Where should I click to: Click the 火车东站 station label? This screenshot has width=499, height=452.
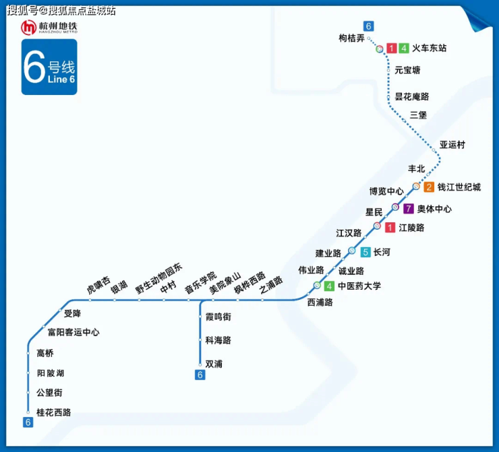(430, 49)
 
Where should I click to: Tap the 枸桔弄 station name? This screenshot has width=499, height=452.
(351, 38)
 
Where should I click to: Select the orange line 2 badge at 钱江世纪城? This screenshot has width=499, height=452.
(429, 187)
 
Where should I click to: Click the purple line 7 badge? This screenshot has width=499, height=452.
(408, 209)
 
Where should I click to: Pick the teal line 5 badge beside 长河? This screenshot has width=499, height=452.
(365, 253)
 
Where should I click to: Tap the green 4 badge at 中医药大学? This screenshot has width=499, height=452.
(329, 286)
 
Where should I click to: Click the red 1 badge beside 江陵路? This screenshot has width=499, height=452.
(390, 228)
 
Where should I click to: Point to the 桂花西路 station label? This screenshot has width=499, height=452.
(53, 412)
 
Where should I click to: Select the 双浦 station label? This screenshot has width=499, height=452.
(214, 364)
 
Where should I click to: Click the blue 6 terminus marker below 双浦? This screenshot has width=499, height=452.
(200, 375)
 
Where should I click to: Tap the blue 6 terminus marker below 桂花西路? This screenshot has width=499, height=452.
(28, 422)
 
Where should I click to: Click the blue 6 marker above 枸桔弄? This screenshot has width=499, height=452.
(368, 26)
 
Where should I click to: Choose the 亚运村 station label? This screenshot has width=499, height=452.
(452, 145)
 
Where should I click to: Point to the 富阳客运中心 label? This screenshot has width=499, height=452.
(74, 332)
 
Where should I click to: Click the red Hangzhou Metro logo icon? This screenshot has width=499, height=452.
(29, 28)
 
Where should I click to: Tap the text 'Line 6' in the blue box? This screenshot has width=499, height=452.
(62, 79)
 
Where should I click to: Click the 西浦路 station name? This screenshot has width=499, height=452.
(320, 302)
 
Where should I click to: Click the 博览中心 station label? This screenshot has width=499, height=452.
(386, 191)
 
